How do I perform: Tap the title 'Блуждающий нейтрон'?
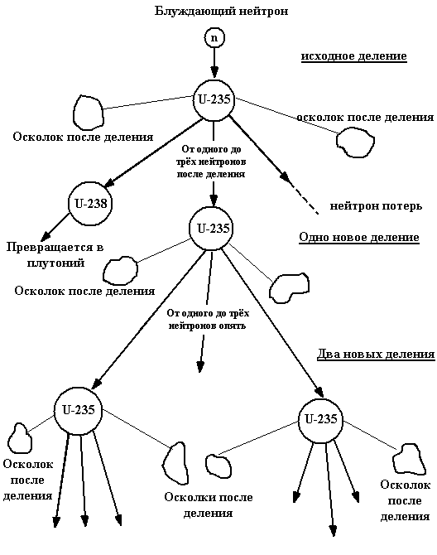[221, 11]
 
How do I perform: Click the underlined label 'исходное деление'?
[354, 56]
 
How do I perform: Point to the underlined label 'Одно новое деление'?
[359, 237]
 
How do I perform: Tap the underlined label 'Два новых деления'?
[376, 354]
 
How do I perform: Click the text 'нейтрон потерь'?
[377, 206]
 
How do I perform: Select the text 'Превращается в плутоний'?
[55, 255]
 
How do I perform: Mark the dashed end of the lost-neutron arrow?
[318, 214]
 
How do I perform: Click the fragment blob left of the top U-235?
[88, 113]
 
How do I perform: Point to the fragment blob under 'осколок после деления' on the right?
[355, 142]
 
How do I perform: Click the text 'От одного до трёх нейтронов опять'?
[208, 319]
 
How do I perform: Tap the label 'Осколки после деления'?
[209, 505]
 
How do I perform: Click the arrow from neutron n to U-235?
[214, 63]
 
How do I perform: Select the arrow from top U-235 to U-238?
[154, 153]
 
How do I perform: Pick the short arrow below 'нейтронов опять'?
[202, 354]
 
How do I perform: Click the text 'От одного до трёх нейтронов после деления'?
[211, 162]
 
